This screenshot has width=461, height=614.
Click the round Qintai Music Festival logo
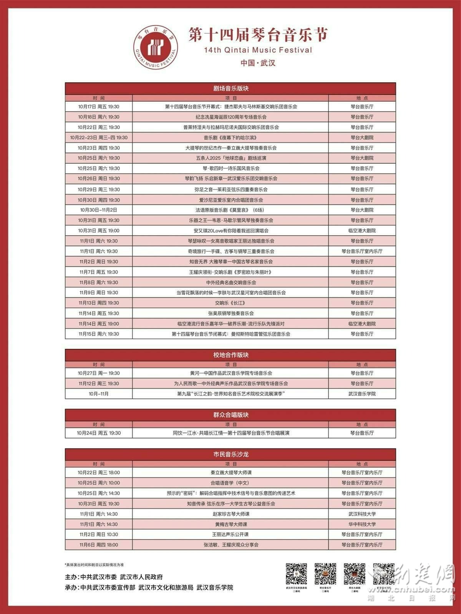[x=156, y=48]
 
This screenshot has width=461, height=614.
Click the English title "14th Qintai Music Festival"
[x=258, y=50]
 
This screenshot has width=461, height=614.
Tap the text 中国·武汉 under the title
[x=258, y=63]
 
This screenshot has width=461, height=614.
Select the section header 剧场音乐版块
[x=230, y=88]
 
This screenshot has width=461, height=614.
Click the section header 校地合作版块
[x=230, y=355]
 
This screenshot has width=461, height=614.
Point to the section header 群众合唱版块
[x=230, y=415]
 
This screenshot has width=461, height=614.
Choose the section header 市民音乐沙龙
[x=230, y=454]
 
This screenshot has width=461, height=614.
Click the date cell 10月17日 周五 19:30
[x=99, y=107]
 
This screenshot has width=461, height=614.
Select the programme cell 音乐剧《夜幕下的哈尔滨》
[x=230, y=137]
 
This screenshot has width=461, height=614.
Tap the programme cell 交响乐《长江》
[x=230, y=303]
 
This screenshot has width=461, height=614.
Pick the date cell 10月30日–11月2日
[x=99, y=210]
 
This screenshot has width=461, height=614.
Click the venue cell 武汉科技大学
[x=362, y=514]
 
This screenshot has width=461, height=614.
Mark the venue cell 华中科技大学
[x=362, y=524]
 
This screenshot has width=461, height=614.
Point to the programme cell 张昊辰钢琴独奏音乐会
[x=230, y=313]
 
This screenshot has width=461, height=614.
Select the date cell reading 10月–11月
[x=99, y=394]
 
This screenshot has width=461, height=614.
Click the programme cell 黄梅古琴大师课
[x=230, y=524]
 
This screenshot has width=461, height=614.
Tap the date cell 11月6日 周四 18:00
[x=99, y=545]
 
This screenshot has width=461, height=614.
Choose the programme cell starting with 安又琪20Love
[x=230, y=231]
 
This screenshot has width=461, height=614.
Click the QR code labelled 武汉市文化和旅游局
[x=296, y=574]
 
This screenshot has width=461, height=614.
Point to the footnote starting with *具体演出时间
[x=95, y=565]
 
